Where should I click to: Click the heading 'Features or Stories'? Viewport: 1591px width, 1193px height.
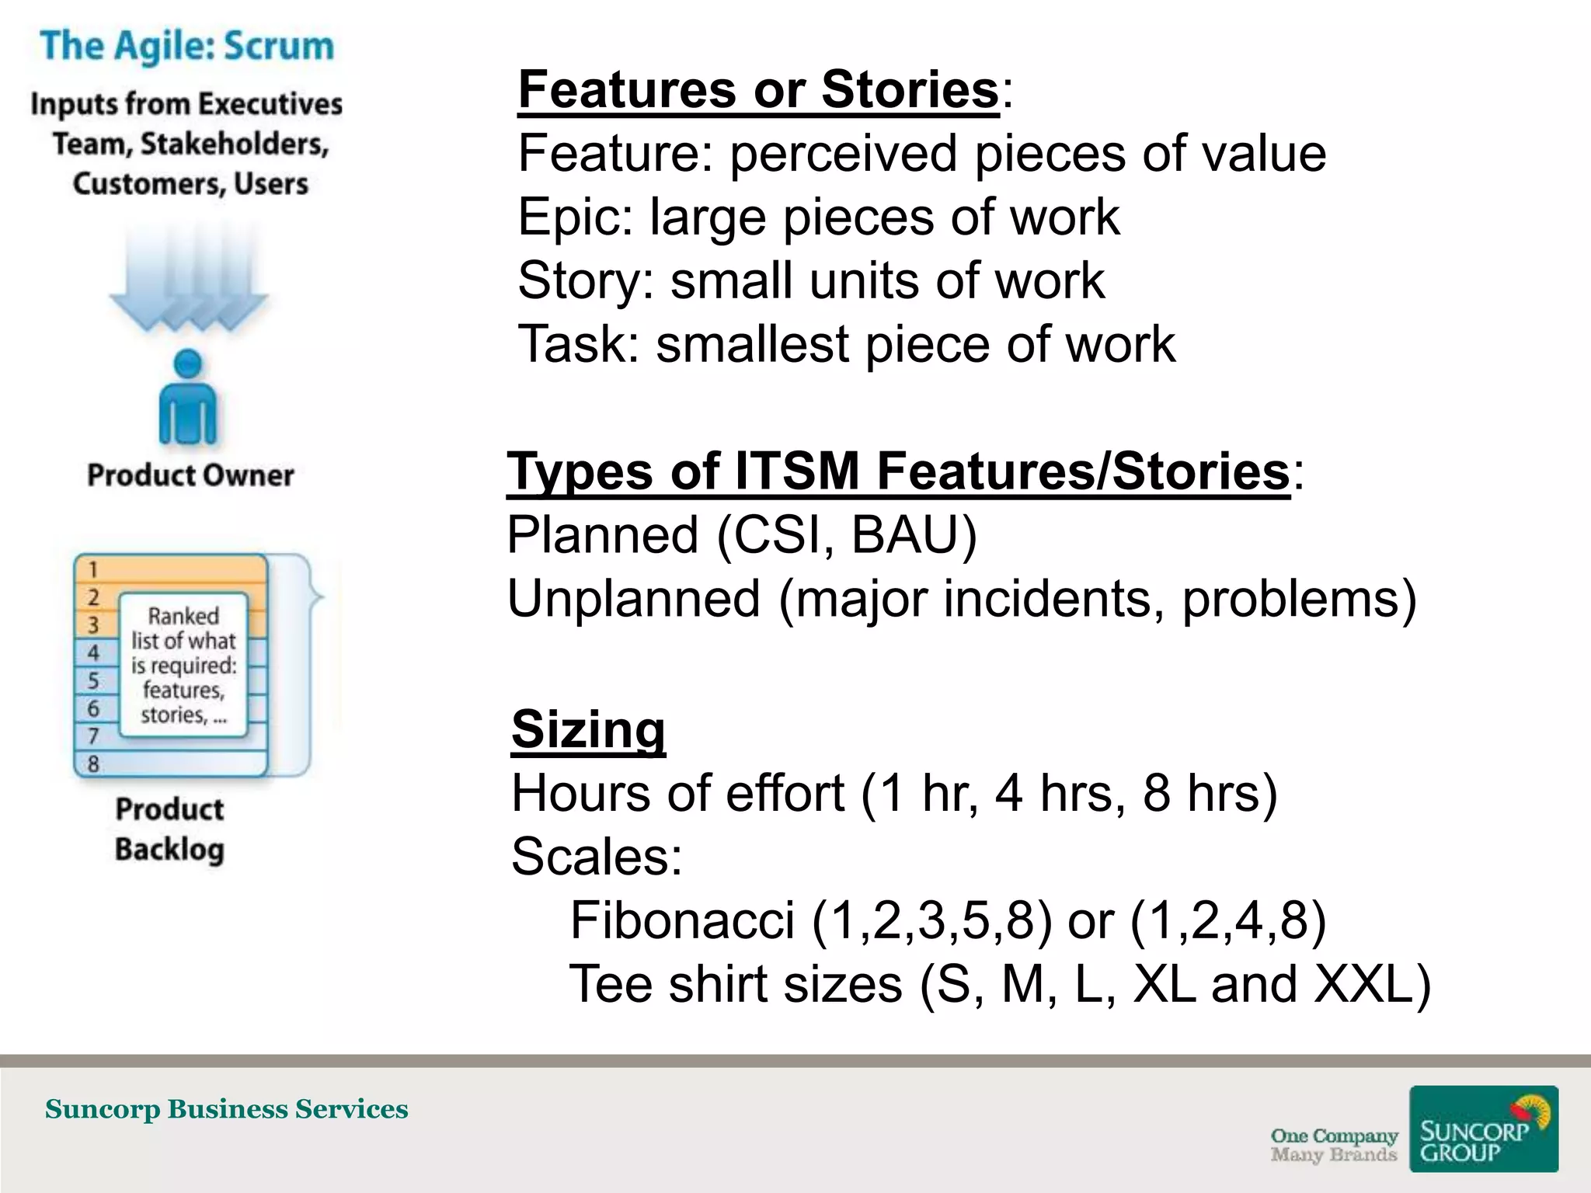point(758,89)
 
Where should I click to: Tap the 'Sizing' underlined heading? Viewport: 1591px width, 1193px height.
point(588,729)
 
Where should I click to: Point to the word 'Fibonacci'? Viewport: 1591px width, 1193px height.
point(682,920)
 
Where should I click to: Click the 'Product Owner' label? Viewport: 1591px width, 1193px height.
point(190,475)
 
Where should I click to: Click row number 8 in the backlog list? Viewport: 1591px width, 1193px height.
point(93,764)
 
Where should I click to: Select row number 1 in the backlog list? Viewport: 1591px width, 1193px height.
point(93,569)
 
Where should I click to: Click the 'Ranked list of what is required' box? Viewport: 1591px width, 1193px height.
point(183,665)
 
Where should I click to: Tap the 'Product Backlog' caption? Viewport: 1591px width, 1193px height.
point(169,830)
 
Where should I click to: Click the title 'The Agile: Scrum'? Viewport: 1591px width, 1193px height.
point(187,46)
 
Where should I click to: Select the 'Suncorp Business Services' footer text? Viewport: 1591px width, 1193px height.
point(226,1109)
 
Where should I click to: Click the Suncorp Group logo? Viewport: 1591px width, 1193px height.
point(1483,1129)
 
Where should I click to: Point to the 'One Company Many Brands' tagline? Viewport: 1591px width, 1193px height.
point(1333,1145)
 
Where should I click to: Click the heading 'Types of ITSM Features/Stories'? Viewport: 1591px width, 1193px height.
point(898,471)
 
